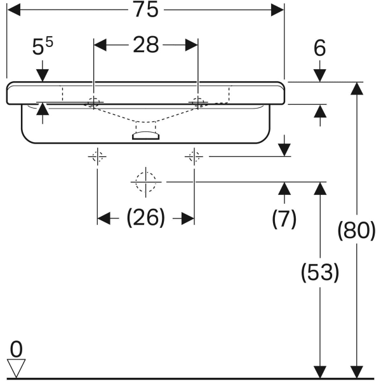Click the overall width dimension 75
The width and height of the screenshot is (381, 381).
pos(146,10)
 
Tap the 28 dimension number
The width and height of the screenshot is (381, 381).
pos(146,45)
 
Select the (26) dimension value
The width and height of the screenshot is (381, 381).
pos(146,217)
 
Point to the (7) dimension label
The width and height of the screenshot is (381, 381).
pos(284,218)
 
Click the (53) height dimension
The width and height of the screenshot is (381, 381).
pos(320,272)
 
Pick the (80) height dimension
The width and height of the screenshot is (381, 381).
pos(357,230)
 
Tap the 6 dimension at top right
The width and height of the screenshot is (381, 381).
pos(319,48)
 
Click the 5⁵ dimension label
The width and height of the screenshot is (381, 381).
pos(43,46)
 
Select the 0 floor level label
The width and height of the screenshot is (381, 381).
pos(17,349)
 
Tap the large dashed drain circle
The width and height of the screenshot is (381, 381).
pos(146,182)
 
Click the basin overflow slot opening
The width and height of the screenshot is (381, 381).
pos(146,135)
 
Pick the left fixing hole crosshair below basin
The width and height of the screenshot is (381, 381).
pos(97,156)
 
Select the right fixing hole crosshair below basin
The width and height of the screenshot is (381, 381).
pos(194,156)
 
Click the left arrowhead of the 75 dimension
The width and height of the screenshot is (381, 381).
pos(14,10)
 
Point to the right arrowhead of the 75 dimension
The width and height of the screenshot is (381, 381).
pos(277,10)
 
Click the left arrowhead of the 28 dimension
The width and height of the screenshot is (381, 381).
pos(100,45)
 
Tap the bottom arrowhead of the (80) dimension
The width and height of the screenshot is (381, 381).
pos(357,372)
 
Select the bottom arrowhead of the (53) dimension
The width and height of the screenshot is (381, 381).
pos(320,372)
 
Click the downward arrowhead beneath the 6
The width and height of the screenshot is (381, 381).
pos(320,76)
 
